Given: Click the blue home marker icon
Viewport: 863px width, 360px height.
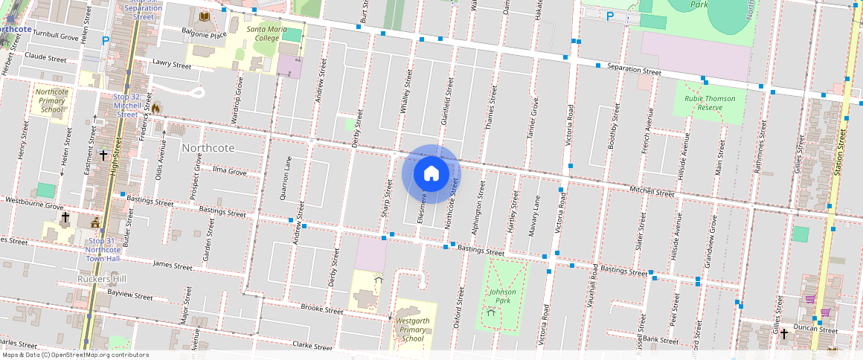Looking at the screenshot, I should tap(431, 174).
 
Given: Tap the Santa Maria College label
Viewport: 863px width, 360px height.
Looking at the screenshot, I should tap(263, 33).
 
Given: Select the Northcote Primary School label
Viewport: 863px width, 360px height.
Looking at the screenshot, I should tap(52, 100).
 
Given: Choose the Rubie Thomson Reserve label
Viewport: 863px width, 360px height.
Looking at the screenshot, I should tap(710, 103).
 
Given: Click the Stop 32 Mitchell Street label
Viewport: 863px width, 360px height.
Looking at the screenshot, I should tap(127, 106).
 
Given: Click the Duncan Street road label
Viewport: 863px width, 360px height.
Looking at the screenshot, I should tap(817, 330).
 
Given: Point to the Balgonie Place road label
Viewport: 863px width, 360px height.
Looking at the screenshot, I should tap(204, 33).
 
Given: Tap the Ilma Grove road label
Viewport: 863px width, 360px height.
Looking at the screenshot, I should tap(229, 171).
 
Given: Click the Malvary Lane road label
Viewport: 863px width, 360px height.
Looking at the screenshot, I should tap(533, 216).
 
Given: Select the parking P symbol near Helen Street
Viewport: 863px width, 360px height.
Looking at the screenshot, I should tap(106, 41).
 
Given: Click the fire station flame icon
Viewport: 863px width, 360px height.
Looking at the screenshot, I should tap(156, 108).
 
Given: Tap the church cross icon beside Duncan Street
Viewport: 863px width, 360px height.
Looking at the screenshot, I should tap(783, 334).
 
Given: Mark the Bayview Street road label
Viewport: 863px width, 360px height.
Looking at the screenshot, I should tap(129, 295).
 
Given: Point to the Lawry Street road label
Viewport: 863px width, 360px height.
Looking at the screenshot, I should tap(172, 64).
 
